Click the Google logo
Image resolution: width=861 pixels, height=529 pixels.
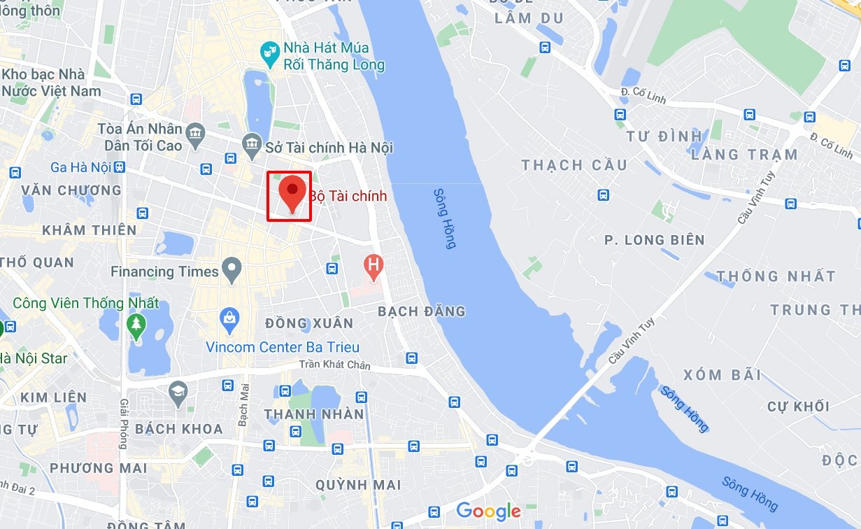coord(489,511)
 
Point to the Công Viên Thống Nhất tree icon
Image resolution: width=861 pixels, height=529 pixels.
coord(136,325)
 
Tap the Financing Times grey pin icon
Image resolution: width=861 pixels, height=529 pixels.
coord(231,269)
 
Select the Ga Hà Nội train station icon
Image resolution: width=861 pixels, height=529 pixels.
coord(120,167)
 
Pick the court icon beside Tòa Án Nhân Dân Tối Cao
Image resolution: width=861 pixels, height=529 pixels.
coord(197,133)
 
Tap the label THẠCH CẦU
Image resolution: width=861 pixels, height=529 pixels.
coord(574,165)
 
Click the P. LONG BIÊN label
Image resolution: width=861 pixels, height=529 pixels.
coord(655,240)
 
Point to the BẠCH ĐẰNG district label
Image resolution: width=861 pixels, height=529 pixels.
coord(421,311)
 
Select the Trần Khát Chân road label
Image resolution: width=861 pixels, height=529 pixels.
coord(334,365)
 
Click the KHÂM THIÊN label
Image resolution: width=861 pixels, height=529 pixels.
coord(89,230)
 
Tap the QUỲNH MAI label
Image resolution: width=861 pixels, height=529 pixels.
coord(358,484)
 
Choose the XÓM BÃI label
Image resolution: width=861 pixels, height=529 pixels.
coord(723,374)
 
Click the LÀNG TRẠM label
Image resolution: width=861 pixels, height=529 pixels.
coord(744,155)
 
